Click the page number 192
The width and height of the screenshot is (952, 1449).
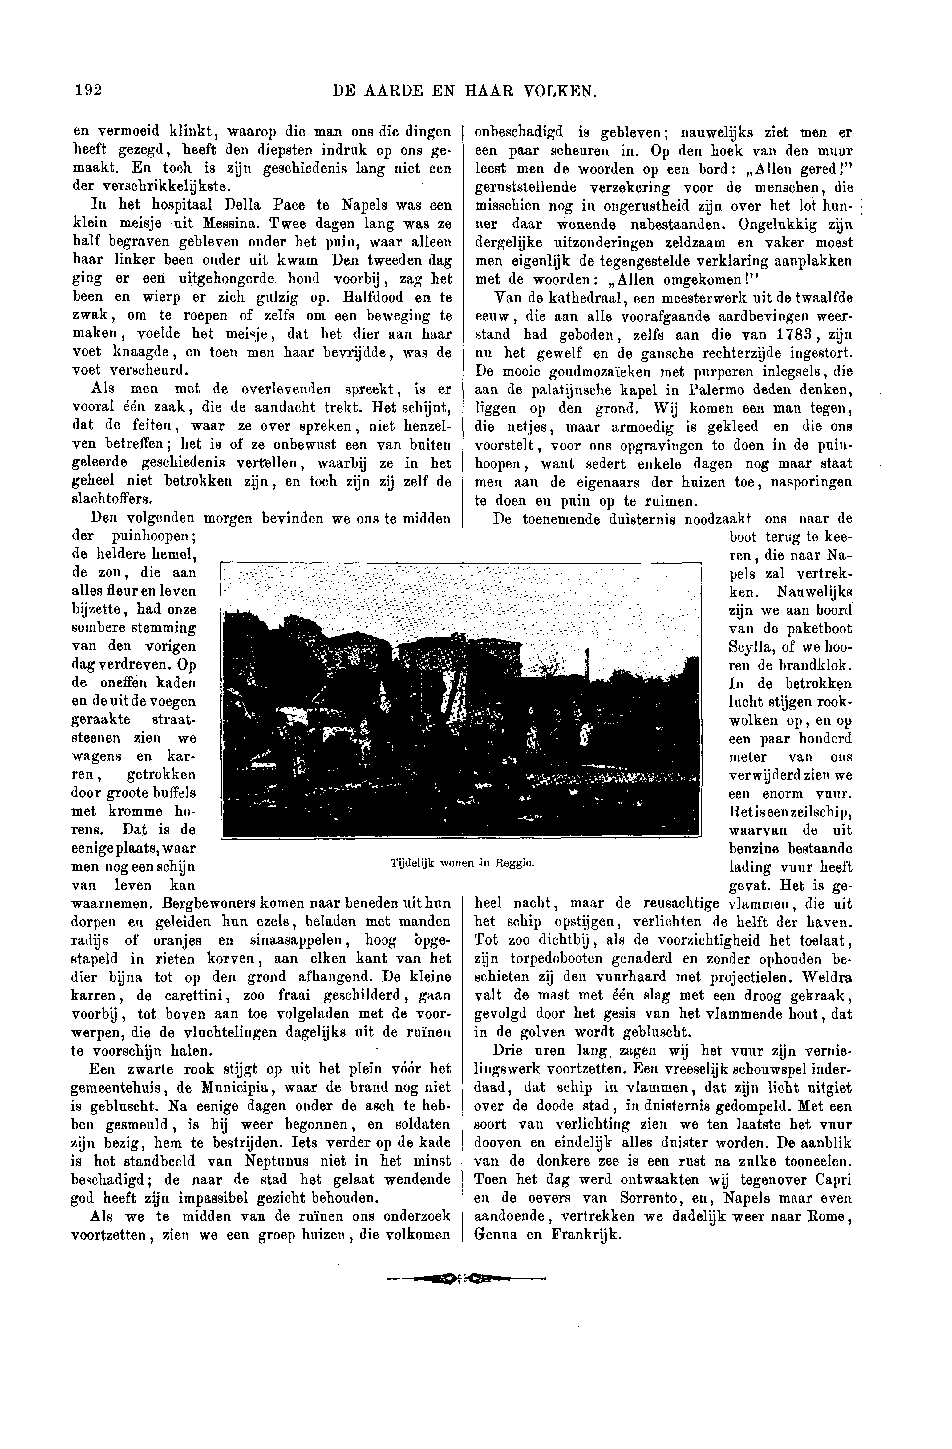(x=87, y=91)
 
